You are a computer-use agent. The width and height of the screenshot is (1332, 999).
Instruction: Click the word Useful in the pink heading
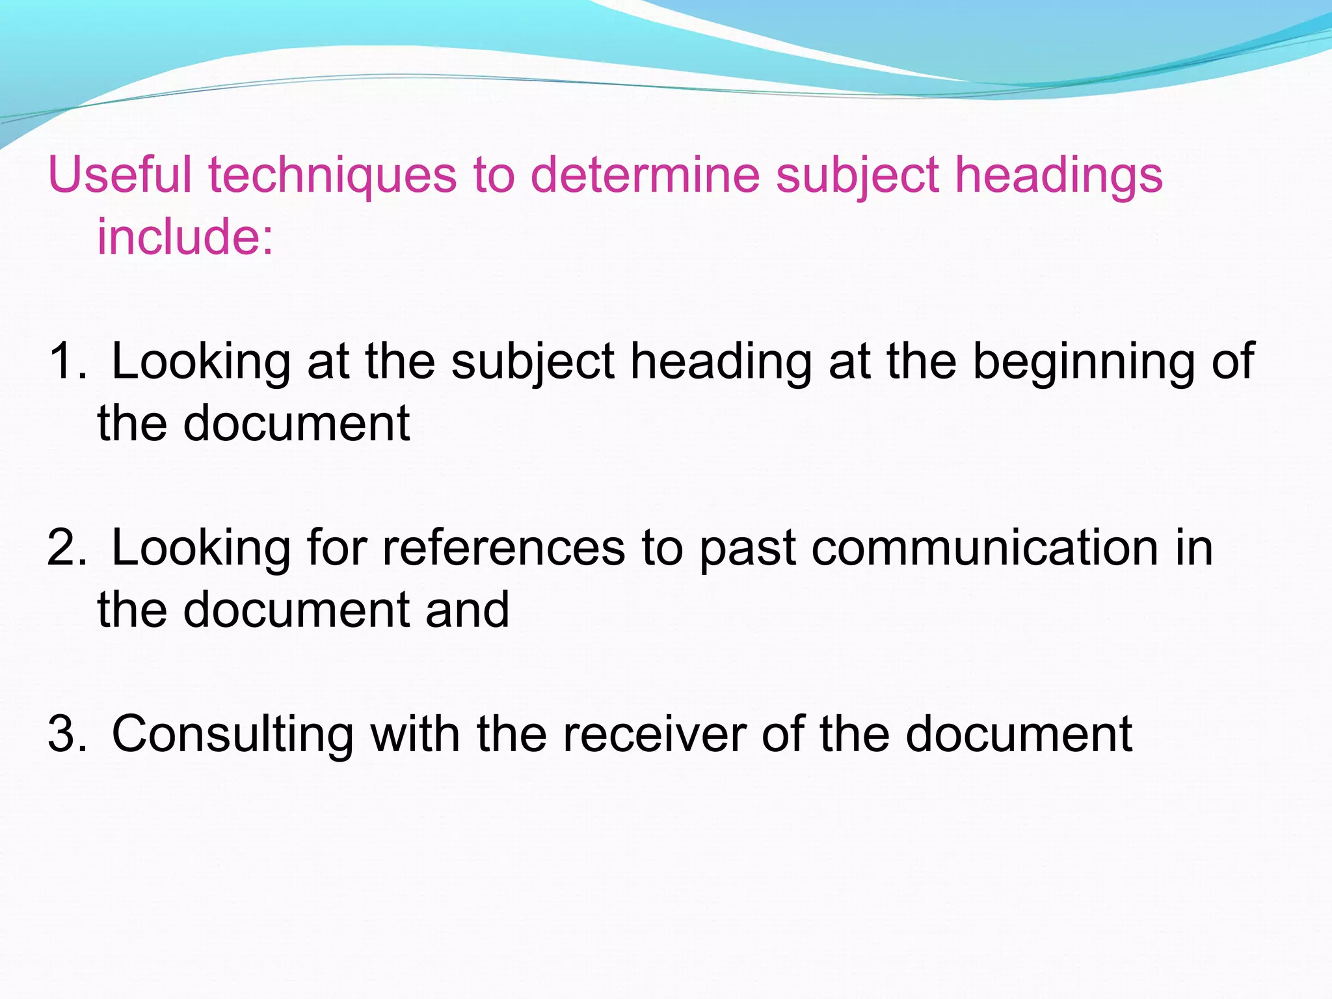pyautogui.click(x=120, y=175)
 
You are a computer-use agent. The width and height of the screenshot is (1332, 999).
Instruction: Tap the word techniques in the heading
pyautogui.click(x=332, y=175)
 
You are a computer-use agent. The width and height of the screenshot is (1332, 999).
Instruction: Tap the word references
pyautogui.click(x=503, y=548)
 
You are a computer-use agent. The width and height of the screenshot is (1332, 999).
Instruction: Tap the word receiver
pyautogui.click(x=654, y=734)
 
